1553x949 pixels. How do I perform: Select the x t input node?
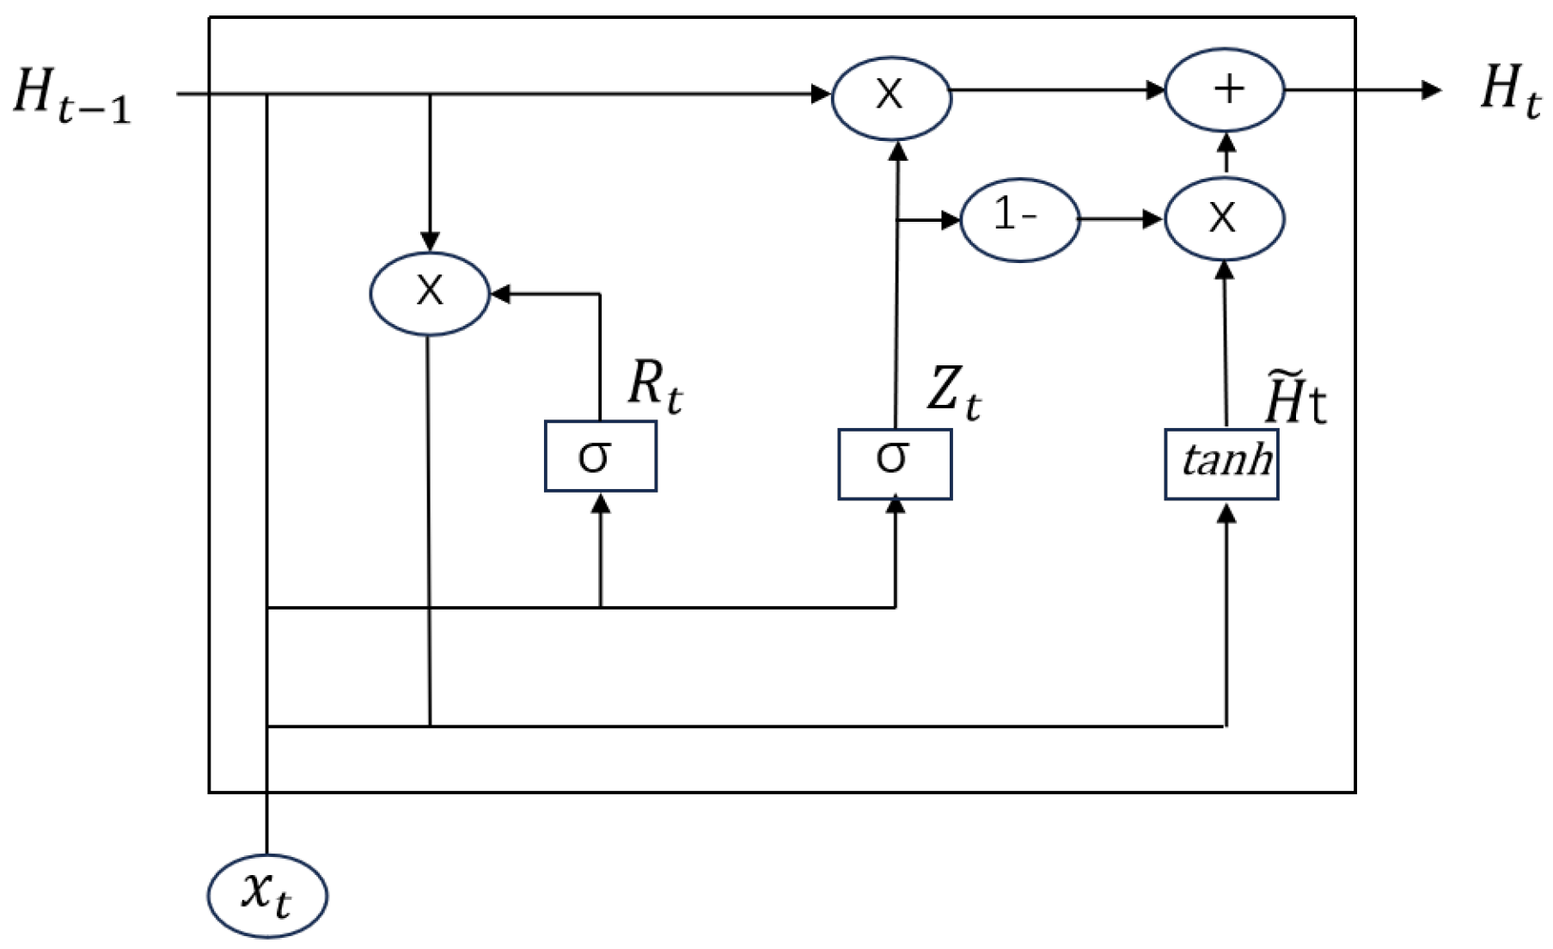click(267, 895)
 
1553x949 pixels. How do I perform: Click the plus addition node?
click(1224, 89)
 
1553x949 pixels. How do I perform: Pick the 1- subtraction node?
click(1018, 219)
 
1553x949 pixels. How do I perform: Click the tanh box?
click(1221, 464)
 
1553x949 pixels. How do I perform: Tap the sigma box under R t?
click(600, 456)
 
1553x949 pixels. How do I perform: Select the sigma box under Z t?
click(895, 464)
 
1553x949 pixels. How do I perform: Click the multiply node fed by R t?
click(430, 293)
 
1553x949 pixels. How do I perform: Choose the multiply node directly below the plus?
click(1224, 219)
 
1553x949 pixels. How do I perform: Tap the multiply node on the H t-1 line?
click(891, 96)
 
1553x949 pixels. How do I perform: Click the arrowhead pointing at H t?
click(1432, 89)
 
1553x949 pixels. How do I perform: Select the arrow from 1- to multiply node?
click(1121, 219)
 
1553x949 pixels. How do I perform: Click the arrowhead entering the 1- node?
click(951, 220)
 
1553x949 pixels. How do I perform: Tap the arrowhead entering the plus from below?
click(1226, 139)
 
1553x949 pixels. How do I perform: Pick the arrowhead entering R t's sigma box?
click(601, 504)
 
